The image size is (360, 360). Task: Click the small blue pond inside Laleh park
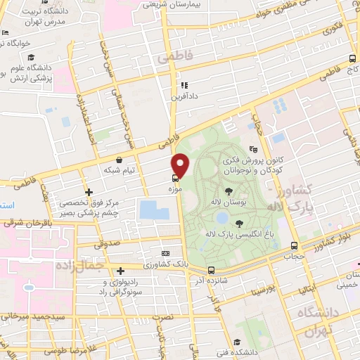(x=221, y=218)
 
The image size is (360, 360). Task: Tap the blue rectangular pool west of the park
(x=150, y=210)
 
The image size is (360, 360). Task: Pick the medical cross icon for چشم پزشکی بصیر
(x=89, y=192)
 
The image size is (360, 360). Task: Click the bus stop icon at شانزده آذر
(x=211, y=270)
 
